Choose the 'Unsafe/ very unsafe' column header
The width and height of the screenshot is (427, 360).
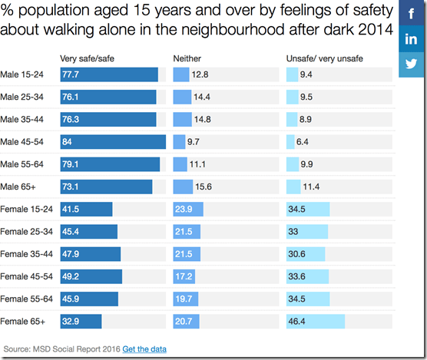pos(325,59)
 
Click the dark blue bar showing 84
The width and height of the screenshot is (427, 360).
pos(113,142)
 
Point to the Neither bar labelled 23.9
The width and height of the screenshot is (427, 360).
pos(188,209)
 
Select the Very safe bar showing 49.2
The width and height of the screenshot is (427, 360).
pos(91,276)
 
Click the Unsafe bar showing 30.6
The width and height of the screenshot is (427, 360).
pos(306,254)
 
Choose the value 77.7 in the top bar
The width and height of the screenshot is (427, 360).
pos(71,74)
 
